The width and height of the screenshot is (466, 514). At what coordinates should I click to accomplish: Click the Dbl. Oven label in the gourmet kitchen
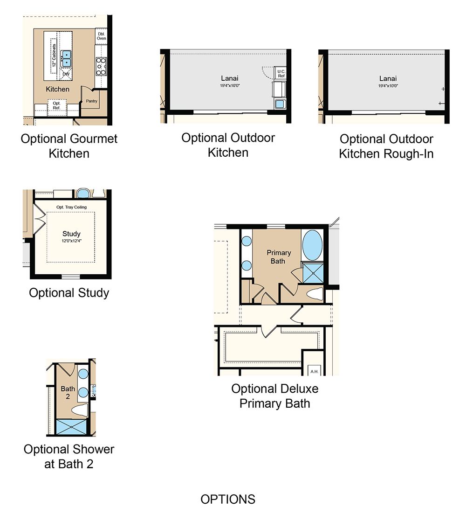point(101,36)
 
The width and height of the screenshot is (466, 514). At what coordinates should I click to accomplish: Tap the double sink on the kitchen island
point(66,58)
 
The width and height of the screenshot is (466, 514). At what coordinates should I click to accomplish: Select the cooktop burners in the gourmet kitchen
point(101,66)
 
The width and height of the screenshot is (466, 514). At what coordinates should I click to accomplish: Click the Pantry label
point(92,101)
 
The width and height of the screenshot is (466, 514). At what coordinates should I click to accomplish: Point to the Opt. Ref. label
point(57,105)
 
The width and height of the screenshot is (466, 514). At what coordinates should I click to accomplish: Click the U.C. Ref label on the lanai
point(281,74)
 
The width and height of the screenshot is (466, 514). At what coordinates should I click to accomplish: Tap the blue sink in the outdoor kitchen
point(280,104)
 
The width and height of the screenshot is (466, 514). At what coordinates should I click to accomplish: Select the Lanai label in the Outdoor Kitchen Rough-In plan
point(388,79)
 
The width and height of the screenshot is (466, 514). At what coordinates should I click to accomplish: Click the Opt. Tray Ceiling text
point(71,207)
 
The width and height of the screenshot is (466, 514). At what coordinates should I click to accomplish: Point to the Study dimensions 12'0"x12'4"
point(71,241)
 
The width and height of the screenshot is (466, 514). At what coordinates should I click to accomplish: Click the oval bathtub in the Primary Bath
point(312,245)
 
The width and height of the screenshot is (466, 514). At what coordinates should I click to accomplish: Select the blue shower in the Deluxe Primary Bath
point(313,273)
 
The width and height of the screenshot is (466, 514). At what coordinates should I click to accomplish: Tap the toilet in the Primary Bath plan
point(315,294)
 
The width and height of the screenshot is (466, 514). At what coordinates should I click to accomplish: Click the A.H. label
point(315,371)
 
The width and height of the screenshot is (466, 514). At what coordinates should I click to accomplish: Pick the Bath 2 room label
point(68,393)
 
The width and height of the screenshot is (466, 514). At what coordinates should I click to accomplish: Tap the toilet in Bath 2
point(80,410)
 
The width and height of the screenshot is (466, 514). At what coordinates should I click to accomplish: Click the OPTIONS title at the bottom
point(228,500)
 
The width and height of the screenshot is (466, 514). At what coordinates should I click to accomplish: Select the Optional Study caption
point(69,293)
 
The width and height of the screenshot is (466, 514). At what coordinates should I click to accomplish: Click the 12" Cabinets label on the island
point(54,56)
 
